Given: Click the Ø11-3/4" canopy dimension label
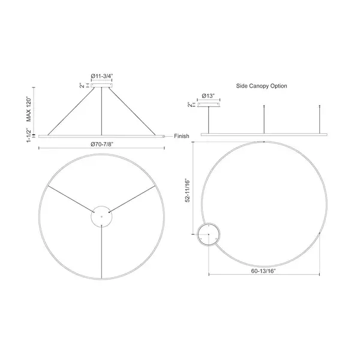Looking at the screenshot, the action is point(102,76).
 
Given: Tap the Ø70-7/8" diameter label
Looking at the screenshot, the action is point(102,144).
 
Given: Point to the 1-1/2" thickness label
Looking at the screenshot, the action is point(29,135).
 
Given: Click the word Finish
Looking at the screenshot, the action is point(182,136).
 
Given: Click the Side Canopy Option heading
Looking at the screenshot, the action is point(262,86).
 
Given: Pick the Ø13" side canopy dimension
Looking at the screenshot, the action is point(208,96).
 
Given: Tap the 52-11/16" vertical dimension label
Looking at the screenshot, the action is point(188,190).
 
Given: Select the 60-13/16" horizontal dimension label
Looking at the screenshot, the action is point(263,271).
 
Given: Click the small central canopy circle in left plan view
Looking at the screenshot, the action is point(101,206).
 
